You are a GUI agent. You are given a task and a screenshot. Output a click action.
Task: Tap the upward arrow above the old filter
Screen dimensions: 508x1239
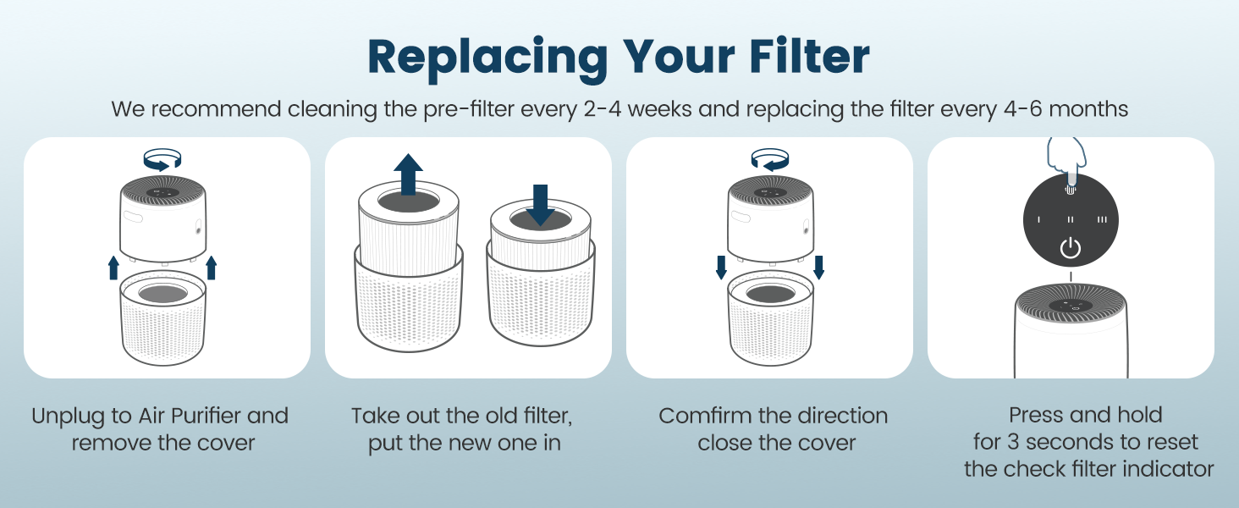coord(409,174)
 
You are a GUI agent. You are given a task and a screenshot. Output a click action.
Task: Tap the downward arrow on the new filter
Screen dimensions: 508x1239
coord(540,204)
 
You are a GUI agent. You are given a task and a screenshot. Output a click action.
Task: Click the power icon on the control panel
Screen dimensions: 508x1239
coord(1071,249)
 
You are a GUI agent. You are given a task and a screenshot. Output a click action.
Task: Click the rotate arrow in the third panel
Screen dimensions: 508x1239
coord(770,158)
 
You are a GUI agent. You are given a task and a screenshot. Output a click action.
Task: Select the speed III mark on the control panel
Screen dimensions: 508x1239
coord(1102,219)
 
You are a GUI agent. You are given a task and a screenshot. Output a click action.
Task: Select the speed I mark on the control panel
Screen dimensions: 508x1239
coord(1039,219)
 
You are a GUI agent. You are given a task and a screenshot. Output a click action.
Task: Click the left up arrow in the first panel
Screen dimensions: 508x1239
coord(113,268)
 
